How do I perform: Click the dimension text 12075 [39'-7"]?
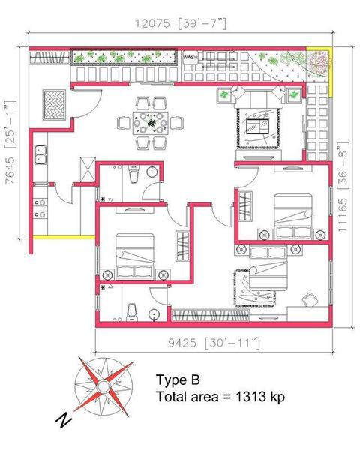181,23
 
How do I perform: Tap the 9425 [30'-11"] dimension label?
214,343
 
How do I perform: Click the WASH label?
190,58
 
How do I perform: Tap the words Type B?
178,379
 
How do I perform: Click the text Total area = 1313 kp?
220,397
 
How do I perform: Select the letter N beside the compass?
64,420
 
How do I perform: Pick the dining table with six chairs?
151,123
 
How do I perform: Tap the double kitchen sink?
41,154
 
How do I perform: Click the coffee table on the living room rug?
257,126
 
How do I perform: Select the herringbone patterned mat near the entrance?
54,105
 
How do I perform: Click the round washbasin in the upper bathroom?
151,172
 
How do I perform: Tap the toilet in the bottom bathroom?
132,313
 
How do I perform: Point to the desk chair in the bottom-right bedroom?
310,300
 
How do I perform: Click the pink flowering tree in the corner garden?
319,61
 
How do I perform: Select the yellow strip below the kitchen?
64,237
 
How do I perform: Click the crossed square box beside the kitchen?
87,169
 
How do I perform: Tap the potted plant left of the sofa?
224,94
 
